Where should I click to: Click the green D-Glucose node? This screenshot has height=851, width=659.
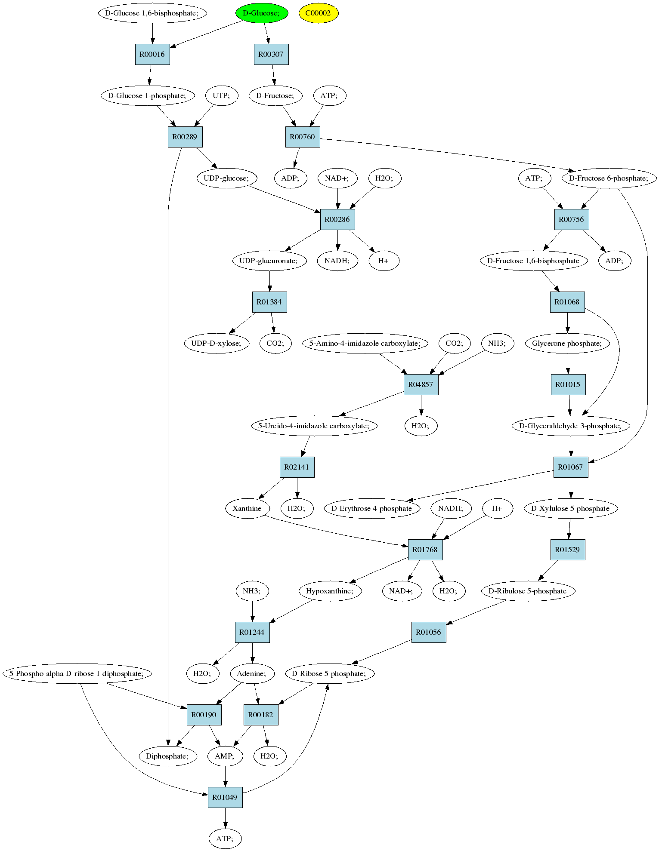pyautogui.click(x=261, y=13)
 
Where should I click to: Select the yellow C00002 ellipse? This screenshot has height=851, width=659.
pyautogui.click(x=319, y=13)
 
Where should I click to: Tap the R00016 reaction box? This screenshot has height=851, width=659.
pyautogui.click(x=152, y=54)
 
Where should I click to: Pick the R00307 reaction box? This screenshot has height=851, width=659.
pyautogui.click(x=271, y=54)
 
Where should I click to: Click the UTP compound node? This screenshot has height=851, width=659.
pyautogui.click(x=221, y=95)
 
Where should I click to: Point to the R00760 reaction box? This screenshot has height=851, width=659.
pyautogui.click(x=303, y=137)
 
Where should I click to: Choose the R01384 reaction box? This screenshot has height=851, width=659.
pyautogui.click(x=269, y=302)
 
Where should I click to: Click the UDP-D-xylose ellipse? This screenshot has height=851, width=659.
pyautogui.click(x=217, y=343)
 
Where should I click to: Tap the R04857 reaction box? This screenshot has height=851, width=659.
pyautogui.click(x=421, y=384)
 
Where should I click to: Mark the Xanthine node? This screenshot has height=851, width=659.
pyautogui.click(x=247, y=508)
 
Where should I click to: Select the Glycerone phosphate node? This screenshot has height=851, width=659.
pyautogui.click(x=568, y=343)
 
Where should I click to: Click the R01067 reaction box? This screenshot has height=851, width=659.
pyautogui.click(x=571, y=467)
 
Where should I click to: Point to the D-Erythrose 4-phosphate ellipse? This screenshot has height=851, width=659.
pyautogui.click(x=372, y=508)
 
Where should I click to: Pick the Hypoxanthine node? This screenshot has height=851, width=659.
pyautogui.click(x=330, y=591)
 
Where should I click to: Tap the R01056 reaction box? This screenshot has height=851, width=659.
pyautogui.click(x=429, y=632)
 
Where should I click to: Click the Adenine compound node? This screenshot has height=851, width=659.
pyautogui.click(x=252, y=673)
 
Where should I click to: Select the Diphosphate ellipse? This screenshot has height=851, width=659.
pyautogui.click(x=168, y=756)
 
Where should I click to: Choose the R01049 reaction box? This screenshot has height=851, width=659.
pyautogui.click(x=225, y=797)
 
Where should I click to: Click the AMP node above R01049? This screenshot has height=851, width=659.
pyautogui.click(x=225, y=756)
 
